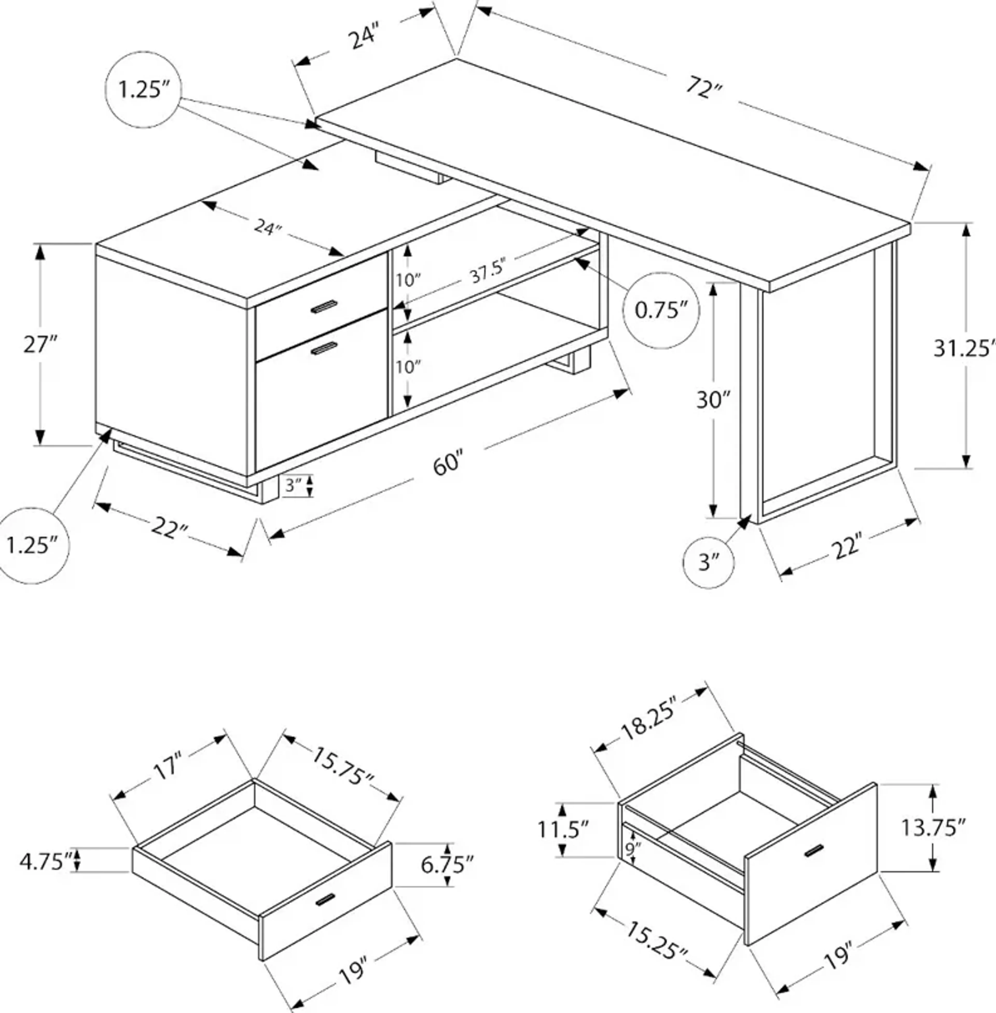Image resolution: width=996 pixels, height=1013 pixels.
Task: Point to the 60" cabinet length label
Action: (448, 463)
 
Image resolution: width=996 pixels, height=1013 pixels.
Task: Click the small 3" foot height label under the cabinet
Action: (293, 486)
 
